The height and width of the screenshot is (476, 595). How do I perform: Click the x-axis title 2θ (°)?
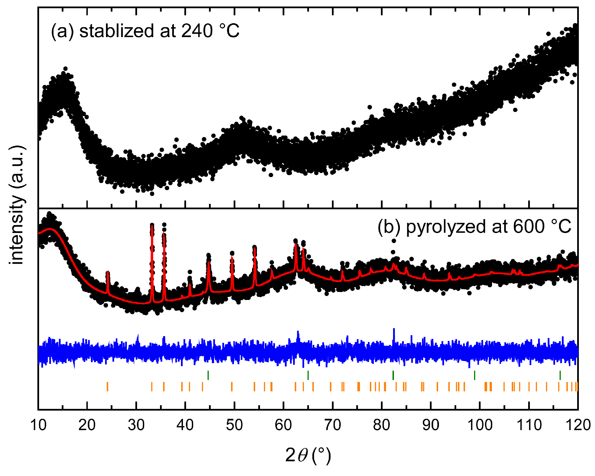tap(308, 455)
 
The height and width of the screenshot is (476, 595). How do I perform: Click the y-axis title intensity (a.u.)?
tap(17, 205)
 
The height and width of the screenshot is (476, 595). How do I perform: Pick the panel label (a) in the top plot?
tap(62, 31)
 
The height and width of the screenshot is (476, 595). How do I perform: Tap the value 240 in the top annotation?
tap(197, 31)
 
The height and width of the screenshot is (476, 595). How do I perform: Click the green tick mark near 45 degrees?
tap(208, 375)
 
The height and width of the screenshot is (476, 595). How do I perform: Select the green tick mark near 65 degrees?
tap(308, 375)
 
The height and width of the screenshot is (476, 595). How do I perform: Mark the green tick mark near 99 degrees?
tap(475, 375)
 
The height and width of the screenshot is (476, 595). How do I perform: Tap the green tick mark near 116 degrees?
tap(560, 375)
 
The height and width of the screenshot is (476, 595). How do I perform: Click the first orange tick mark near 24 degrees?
tap(107, 387)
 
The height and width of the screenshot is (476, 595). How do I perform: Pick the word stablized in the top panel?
tap(117, 31)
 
